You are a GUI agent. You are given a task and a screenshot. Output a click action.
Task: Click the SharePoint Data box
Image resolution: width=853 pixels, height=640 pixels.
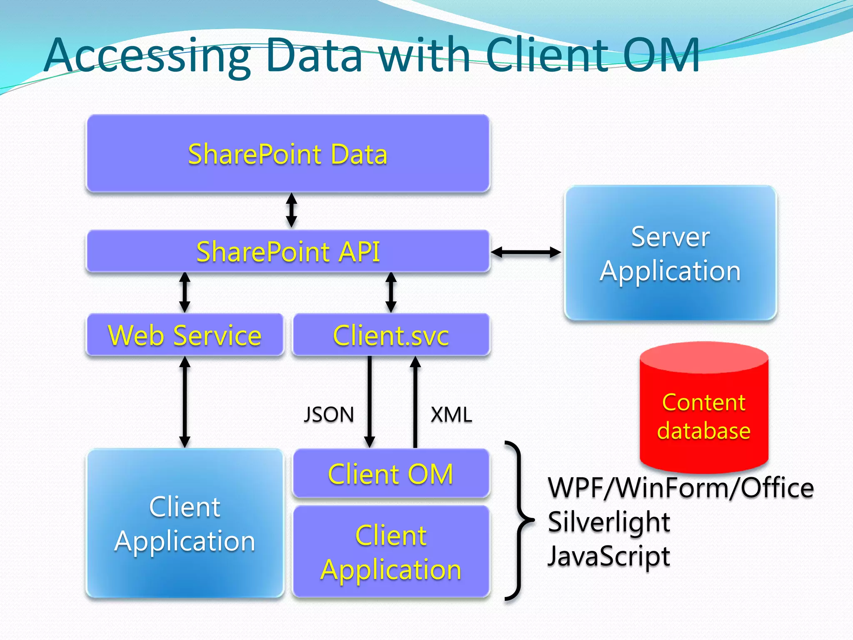(288, 153)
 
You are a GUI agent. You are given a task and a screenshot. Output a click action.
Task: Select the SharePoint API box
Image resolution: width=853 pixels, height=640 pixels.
(288, 251)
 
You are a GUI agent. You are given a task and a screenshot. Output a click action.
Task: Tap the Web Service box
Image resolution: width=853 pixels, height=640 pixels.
(185, 335)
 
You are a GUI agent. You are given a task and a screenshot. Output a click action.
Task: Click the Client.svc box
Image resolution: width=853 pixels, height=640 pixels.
(391, 335)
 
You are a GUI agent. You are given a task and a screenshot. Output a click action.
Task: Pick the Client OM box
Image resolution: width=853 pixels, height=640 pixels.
(391, 473)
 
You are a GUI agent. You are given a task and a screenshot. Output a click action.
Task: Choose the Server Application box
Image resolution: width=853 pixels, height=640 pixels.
(670, 253)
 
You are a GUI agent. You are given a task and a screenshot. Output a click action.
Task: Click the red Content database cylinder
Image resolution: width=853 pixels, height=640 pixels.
(704, 412)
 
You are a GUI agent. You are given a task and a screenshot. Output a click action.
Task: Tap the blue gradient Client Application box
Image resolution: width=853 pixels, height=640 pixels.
(185, 523)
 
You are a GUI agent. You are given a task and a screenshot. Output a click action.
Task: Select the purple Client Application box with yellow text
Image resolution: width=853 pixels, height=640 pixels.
(391, 552)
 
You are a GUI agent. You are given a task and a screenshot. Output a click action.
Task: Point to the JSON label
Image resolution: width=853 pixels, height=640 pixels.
(329, 415)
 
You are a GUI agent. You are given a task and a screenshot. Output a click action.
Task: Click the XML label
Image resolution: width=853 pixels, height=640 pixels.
(451, 415)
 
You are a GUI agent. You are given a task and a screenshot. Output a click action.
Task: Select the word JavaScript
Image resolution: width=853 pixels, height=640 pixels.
(609, 556)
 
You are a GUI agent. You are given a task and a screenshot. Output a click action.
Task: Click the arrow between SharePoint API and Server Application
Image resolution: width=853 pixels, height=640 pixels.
(526, 252)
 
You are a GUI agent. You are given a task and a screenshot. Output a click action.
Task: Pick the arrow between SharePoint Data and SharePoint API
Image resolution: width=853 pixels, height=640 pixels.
(292, 210)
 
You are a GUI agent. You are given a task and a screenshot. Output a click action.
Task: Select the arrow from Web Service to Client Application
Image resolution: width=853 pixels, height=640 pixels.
(185, 402)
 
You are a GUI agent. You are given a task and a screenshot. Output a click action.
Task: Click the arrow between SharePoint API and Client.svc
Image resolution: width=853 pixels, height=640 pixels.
(391, 292)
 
